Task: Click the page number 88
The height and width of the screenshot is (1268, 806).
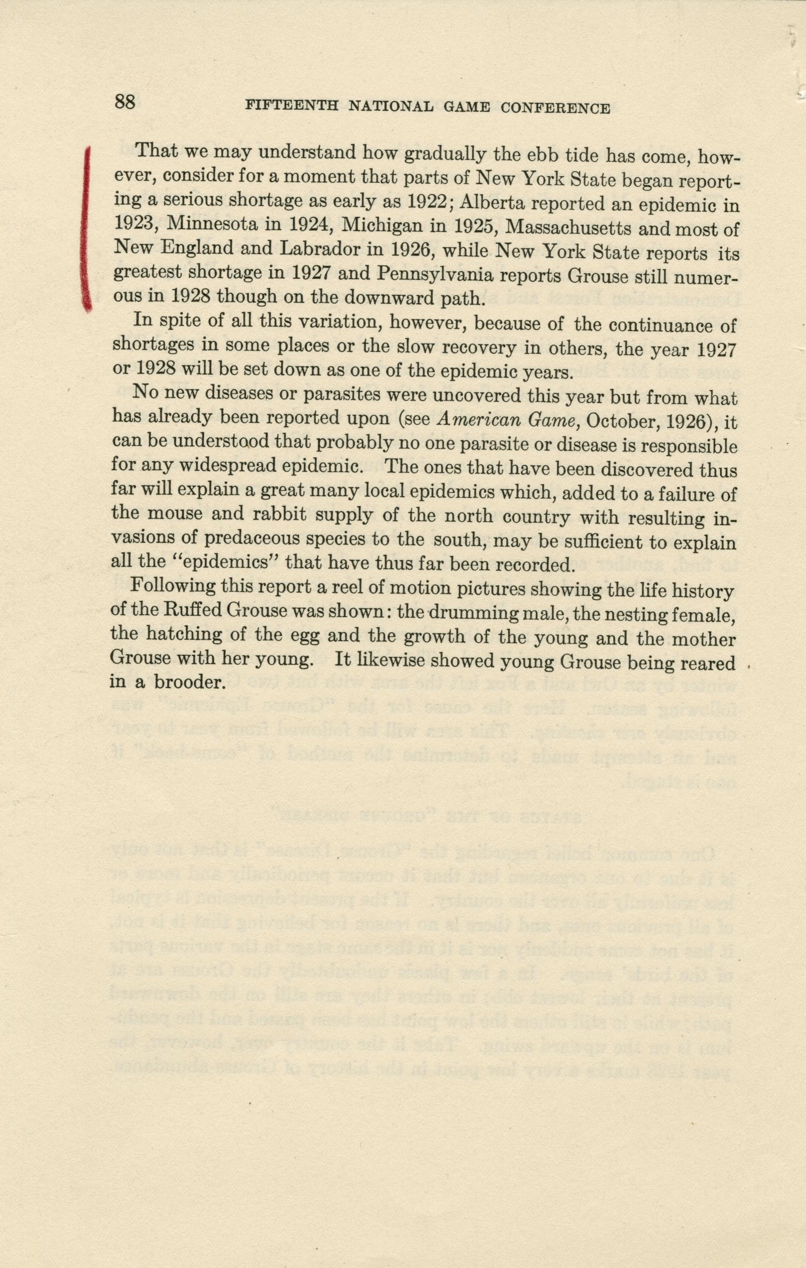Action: [125, 101]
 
